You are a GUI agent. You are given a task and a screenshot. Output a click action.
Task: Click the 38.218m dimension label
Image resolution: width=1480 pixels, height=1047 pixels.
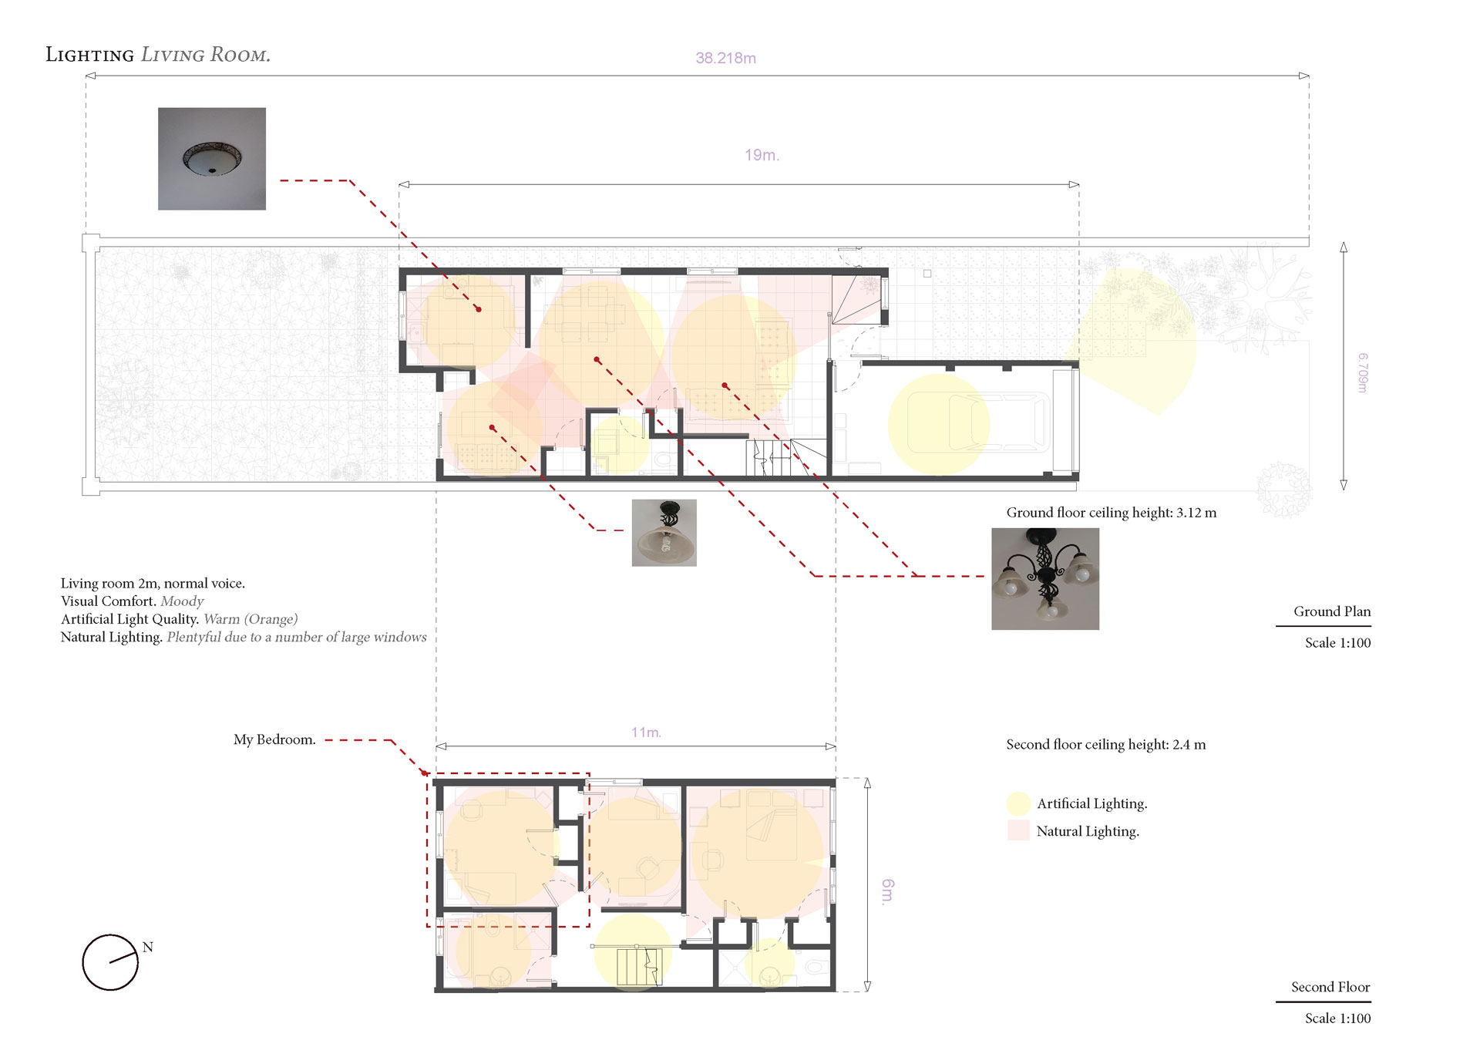click(725, 58)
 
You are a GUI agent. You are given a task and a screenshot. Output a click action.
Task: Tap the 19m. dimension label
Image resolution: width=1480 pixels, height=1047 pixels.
click(762, 155)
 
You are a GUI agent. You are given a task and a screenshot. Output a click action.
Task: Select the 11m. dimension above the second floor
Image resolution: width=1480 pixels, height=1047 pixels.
click(646, 732)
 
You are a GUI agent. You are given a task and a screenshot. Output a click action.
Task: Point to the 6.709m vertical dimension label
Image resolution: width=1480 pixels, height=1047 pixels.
click(1363, 373)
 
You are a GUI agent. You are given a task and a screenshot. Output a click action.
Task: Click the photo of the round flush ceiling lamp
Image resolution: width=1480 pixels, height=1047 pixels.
click(212, 159)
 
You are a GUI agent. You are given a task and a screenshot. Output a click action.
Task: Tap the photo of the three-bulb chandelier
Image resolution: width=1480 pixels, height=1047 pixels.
click(1045, 579)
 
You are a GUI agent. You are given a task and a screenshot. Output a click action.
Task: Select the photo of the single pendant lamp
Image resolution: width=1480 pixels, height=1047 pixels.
click(664, 533)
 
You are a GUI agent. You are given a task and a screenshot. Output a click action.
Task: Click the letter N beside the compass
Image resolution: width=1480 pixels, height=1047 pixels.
click(148, 948)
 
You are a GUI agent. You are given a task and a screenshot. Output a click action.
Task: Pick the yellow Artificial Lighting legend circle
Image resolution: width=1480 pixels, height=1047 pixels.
click(1018, 803)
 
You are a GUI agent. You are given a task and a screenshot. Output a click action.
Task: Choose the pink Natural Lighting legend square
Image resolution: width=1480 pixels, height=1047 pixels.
click(1018, 830)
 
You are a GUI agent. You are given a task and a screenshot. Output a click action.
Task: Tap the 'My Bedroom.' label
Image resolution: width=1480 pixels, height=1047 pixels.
click(274, 740)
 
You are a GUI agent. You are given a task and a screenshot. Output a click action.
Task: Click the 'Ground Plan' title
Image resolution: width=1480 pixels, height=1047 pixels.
click(1332, 611)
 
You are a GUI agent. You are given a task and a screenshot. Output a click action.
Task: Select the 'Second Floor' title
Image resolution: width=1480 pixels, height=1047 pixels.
click(1330, 987)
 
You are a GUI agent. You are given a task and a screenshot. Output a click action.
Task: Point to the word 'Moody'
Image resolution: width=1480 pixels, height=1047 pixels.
click(182, 601)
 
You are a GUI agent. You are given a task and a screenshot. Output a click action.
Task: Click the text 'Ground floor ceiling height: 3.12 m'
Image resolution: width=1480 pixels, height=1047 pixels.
click(1112, 513)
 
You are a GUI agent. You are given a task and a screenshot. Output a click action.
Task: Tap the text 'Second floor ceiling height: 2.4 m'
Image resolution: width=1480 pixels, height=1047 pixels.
click(1106, 745)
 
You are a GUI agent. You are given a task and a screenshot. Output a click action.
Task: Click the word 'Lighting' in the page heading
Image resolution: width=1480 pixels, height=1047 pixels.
click(89, 55)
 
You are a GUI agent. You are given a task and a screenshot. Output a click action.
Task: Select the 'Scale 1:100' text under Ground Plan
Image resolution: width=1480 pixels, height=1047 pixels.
click(1337, 643)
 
